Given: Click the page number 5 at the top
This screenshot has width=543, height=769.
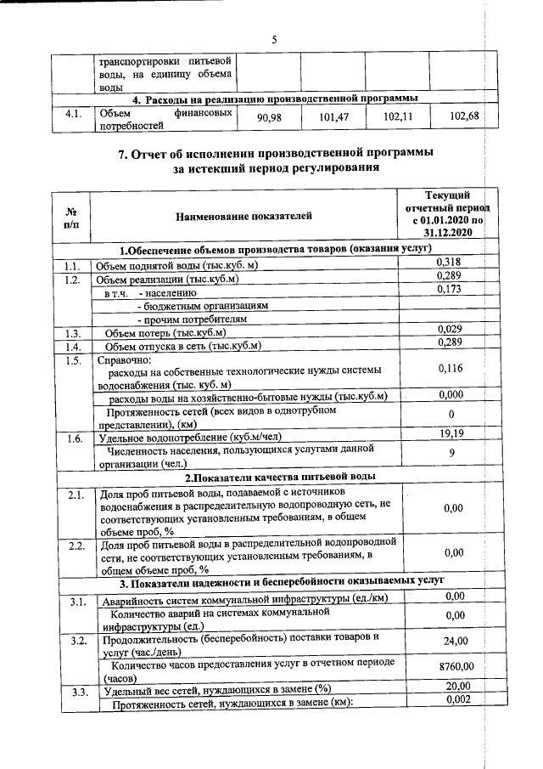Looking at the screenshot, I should [274, 39].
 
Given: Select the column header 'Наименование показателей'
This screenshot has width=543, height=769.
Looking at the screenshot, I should [244, 216].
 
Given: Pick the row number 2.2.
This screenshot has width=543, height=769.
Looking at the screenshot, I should [75, 545].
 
